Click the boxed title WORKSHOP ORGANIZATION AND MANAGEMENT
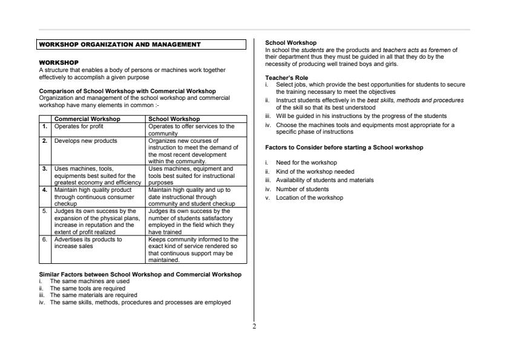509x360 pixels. pos(119,44)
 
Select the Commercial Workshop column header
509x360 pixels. pos(87,119)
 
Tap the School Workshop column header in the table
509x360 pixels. pos(174,119)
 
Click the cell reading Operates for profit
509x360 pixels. pos(79,126)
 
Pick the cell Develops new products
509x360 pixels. pos(85,140)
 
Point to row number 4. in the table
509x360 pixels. pos(44,189)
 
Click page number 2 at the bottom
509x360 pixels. pos(254,327)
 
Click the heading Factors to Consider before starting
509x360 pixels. pos(344,147)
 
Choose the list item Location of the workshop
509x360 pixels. pos(309,198)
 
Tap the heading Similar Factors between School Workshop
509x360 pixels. pos(140,274)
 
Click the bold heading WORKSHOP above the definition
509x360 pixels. pos(58,62)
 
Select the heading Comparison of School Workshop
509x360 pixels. pos(127,91)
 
